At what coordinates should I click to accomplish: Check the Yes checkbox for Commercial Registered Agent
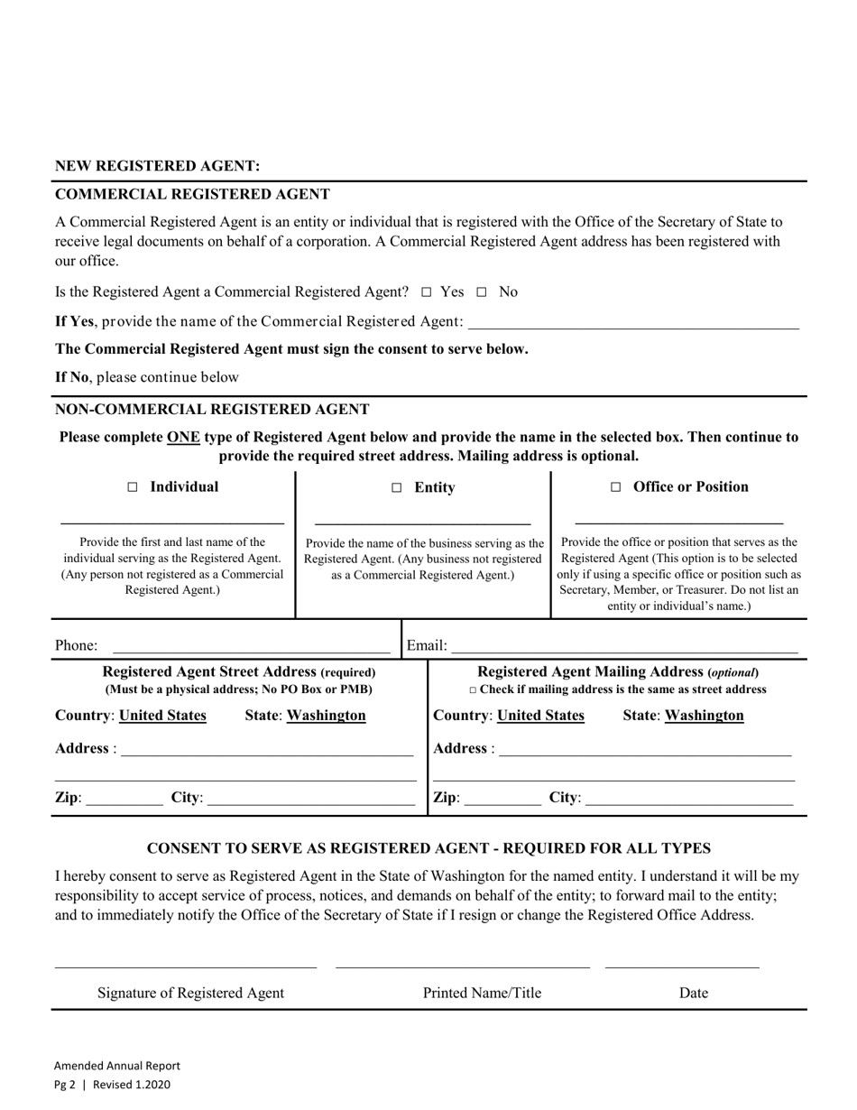pyautogui.click(x=427, y=292)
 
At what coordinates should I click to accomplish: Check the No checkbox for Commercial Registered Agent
pyautogui.click(x=482, y=292)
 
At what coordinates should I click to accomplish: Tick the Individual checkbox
pyautogui.click(x=133, y=487)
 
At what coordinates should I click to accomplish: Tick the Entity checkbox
pyautogui.click(x=396, y=488)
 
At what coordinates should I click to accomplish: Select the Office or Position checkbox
pyautogui.click(x=616, y=487)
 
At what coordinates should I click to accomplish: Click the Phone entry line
pyautogui.click(x=251, y=645)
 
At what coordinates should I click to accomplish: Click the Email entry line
pyautogui.click(x=624, y=645)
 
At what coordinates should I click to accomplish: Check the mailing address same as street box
pyautogui.click(x=473, y=690)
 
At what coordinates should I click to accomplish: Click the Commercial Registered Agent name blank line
pyautogui.click(x=633, y=322)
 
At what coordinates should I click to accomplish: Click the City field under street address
pyautogui.click(x=310, y=798)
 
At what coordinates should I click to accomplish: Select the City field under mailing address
pyautogui.click(x=689, y=798)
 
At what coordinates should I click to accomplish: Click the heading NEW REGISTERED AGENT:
pyautogui.click(x=158, y=166)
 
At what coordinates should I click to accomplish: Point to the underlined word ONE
pyautogui.click(x=183, y=437)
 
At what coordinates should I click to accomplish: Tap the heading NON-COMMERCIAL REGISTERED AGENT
pyautogui.click(x=212, y=409)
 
